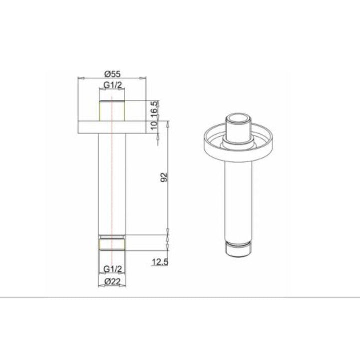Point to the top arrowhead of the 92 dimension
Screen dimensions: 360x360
coord(167,123)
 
